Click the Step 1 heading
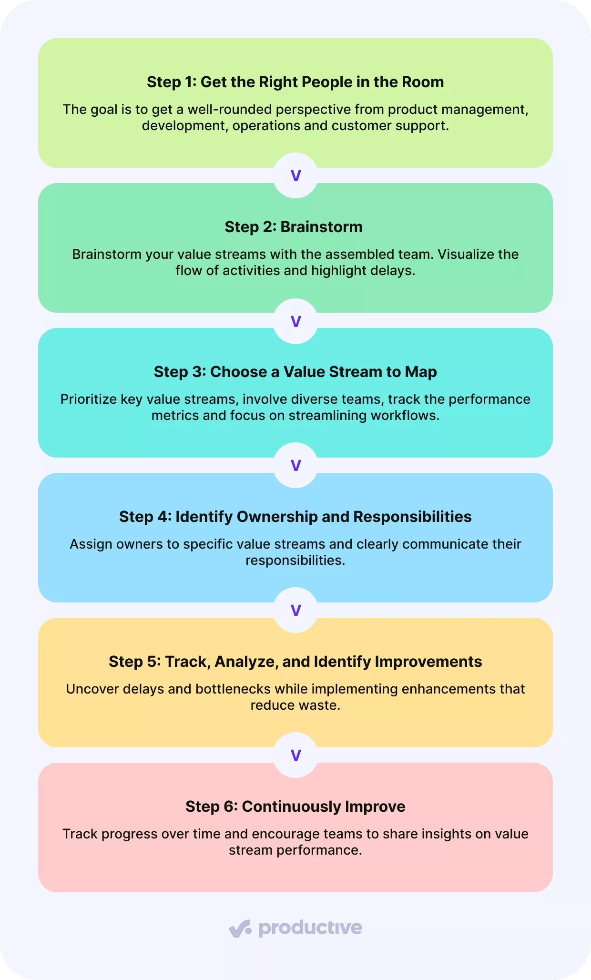(295, 82)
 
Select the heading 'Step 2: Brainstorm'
(294, 227)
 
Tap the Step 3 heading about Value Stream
(295, 372)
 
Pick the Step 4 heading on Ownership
(295, 517)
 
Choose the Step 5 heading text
(295, 662)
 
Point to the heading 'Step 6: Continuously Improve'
(295, 806)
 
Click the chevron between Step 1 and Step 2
(295, 176)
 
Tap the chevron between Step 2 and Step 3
(295, 321)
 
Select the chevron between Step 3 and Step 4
(295, 466)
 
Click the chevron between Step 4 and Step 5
(295, 611)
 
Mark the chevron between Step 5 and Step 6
(295, 755)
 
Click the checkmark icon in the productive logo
(240, 929)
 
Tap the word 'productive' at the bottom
(310, 929)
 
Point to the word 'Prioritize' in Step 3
(88, 399)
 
